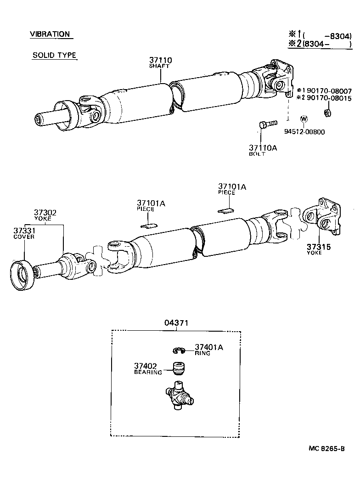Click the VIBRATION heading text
[50, 34]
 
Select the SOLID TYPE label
[54, 55]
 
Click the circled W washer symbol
[303, 119]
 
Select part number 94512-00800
[304, 132]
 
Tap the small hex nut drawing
[328, 113]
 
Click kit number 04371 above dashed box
[176, 323]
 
